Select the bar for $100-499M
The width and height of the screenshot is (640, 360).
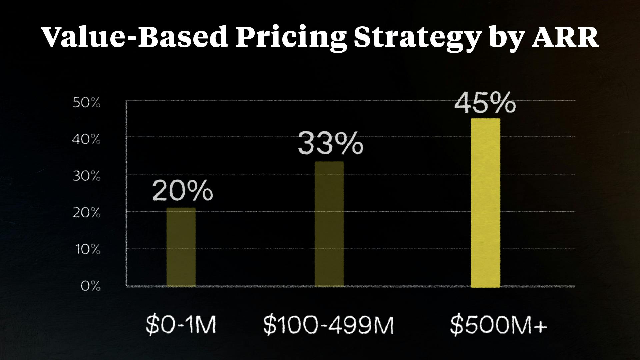(x=329, y=224)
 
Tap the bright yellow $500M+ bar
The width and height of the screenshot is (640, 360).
(x=485, y=202)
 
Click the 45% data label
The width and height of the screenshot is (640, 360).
(x=485, y=103)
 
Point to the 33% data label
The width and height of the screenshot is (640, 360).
(x=330, y=144)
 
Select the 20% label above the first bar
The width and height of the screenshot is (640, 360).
(x=182, y=191)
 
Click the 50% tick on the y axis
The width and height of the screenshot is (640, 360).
(x=86, y=103)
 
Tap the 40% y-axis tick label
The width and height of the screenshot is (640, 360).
(x=86, y=140)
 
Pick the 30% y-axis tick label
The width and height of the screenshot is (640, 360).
(x=86, y=176)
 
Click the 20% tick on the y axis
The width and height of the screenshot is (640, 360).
(x=86, y=213)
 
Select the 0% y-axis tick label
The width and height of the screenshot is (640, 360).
(x=90, y=286)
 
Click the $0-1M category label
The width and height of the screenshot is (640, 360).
(x=181, y=325)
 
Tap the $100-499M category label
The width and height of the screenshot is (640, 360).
(x=328, y=325)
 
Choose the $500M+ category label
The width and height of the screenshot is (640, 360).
(x=498, y=325)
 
